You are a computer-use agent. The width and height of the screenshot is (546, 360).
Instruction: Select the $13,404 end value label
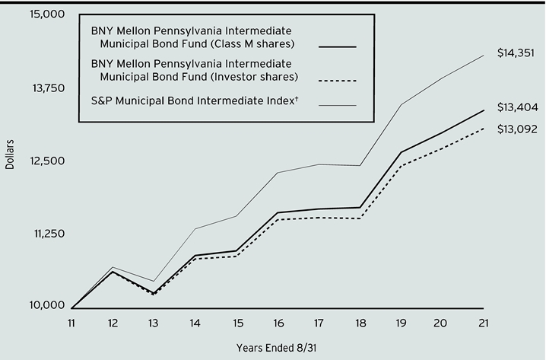coord(517,107)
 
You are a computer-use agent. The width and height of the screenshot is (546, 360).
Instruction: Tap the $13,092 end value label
coord(517,129)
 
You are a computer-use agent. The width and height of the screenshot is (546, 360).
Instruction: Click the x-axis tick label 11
coord(71,323)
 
